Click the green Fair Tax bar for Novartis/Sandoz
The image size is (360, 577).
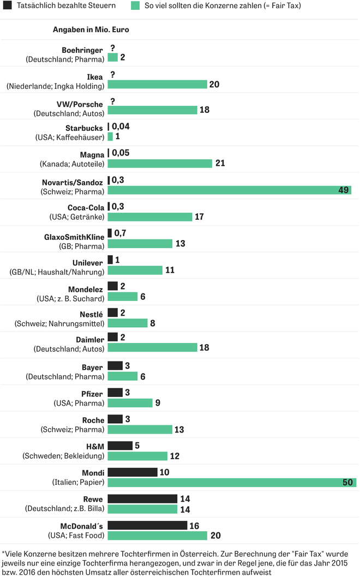pyautogui.click(x=229, y=190)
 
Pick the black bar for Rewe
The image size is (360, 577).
pyautogui.click(x=142, y=498)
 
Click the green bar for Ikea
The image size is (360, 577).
pyautogui.click(x=157, y=84)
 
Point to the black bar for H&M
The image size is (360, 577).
pyautogui.click(x=120, y=446)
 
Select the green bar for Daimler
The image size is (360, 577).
pyautogui.click(x=152, y=347)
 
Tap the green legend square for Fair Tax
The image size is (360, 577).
pyautogui.click(x=135, y=6)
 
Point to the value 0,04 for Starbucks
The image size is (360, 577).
pyautogui.click(x=121, y=127)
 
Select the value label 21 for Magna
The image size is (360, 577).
pyautogui.click(x=220, y=164)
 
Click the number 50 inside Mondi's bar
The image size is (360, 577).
pyautogui.click(x=347, y=483)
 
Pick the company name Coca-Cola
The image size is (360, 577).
pyautogui.click(x=86, y=208)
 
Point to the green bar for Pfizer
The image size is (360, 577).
pyautogui.click(x=130, y=403)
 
